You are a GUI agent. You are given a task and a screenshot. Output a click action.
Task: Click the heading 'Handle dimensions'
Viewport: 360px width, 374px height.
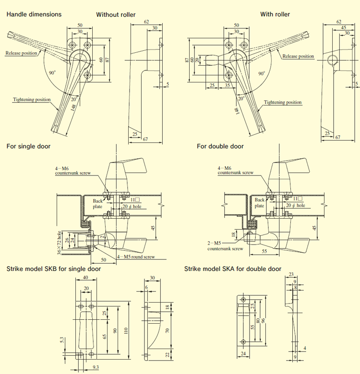[34, 14]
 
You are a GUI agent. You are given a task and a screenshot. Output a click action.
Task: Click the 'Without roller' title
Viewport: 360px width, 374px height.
[116, 14]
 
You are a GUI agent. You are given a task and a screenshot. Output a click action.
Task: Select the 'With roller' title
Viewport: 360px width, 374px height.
[275, 14]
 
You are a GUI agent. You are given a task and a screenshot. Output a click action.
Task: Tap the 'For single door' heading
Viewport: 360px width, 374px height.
[28, 146]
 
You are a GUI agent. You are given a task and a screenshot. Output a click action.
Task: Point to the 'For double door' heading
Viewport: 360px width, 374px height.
[220, 146]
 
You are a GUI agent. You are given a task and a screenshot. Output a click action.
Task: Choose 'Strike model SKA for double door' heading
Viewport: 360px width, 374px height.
[233, 269]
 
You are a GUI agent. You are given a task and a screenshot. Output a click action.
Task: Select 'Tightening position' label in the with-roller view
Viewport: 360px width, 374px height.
[283, 102]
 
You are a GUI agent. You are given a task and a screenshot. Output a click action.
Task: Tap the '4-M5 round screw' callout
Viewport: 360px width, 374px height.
[135, 257]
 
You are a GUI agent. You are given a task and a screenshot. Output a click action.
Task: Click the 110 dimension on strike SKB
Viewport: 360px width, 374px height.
[126, 330]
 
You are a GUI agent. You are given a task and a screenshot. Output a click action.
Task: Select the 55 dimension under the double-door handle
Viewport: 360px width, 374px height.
[264, 250]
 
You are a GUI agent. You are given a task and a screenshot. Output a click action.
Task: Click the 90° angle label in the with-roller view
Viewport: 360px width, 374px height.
[262, 73]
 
